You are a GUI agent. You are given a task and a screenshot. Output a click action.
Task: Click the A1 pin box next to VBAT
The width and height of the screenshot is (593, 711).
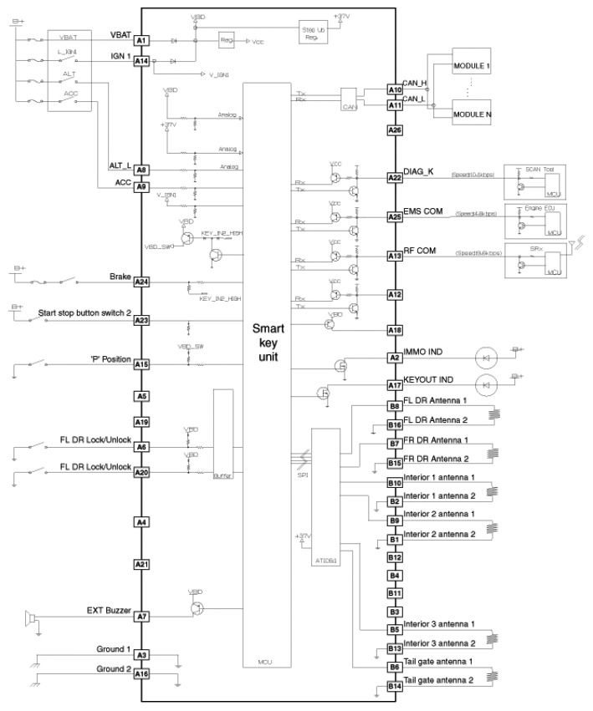[141, 40]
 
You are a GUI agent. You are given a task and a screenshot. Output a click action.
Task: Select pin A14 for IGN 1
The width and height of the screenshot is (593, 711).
[141, 62]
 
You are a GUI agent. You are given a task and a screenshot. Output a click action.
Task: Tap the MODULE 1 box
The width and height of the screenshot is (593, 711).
[473, 64]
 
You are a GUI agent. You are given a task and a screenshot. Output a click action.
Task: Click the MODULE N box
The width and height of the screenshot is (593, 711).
[473, 114]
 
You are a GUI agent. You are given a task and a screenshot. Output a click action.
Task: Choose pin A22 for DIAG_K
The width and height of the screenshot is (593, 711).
[395, 178]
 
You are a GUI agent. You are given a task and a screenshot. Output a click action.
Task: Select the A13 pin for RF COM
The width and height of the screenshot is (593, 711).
[395, 256]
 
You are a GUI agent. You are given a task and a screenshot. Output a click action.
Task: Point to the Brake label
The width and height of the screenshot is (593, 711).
[120, 277]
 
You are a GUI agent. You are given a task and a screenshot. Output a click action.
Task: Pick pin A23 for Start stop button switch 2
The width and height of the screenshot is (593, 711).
[141, 320]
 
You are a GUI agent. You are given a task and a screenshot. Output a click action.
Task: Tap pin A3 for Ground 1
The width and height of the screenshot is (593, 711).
[141, 656]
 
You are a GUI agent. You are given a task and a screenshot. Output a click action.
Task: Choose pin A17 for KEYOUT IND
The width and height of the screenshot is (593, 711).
[395, 385]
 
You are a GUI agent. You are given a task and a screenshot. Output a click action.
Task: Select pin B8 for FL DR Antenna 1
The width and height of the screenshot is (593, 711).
[395, 406]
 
